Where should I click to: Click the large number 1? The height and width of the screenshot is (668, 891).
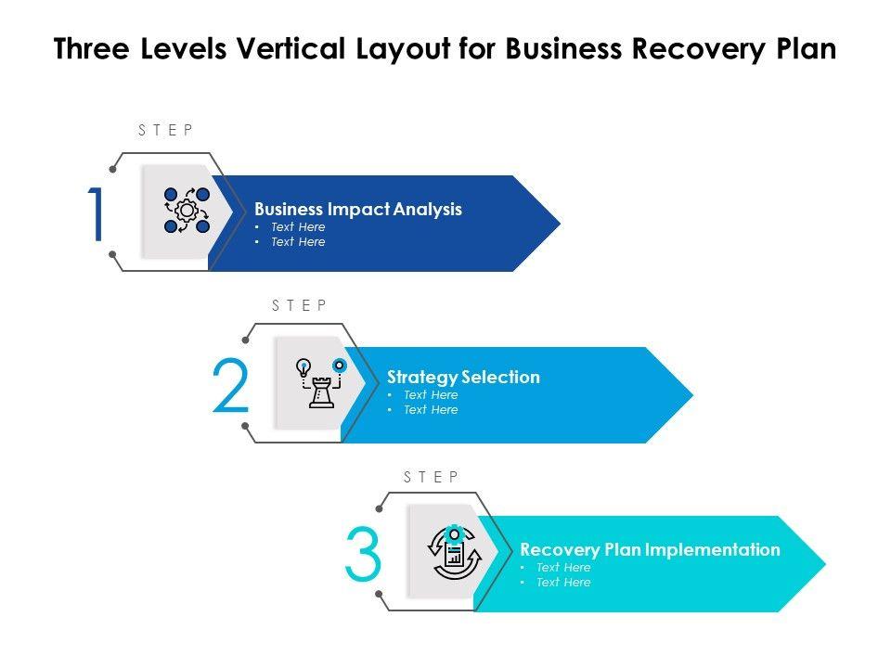pyautogui.click(x=97, y=215)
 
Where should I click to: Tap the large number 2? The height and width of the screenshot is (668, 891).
pyautogui.click(x=230, y=386)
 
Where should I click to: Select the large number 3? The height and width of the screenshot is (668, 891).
pyautogui.click(x=362, y=555)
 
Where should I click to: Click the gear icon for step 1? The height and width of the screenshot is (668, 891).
pyautogui.click(x=187, y=211)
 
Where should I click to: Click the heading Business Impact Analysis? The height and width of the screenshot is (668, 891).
pyautogui.click(x=357, y=209)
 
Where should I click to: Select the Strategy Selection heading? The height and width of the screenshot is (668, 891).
pyautogui.click(x=463, y=377)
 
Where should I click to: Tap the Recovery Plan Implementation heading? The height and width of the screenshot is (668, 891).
pyautogui.click(x=650, y=549)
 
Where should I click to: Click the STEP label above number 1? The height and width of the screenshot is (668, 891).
pyautogui.click(x=166, y=131)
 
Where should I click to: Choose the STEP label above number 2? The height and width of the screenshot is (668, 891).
pyautogui.click(x=299, y=305)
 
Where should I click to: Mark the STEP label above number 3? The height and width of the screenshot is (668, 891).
pyautogui.click(x=432, y=477)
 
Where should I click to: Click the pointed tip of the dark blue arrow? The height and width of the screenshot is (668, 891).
pyautogui.click(x=558, y=223)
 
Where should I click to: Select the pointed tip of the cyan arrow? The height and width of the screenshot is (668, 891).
pyautogui.click(x=823, y=563)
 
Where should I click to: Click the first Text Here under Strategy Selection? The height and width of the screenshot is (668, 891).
pyautogui.click(x=430, y=394)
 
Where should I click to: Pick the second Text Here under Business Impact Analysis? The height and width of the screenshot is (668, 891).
pyautogui.click(x=298, y=241)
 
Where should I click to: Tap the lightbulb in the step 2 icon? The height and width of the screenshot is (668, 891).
pyautogui.click(x=303, y=366)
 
